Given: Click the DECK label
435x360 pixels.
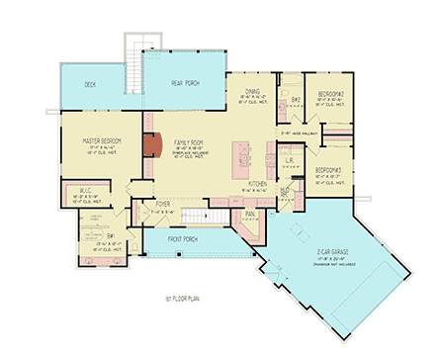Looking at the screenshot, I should coord(90,84).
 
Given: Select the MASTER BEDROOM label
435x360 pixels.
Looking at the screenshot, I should coord(96,140).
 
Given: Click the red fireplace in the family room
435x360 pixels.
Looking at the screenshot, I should coord(152,146).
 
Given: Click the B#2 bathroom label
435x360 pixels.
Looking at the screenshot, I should coord(294,100).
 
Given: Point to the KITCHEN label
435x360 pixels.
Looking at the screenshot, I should coord(258,185).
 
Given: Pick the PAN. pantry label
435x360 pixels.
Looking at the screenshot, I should coord(251,213).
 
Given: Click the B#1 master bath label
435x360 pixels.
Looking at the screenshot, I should coord(111,235).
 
